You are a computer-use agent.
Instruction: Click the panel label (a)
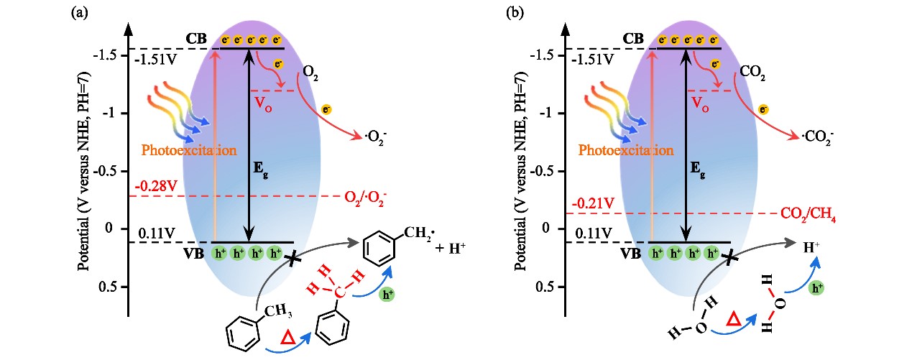[x=78, y=11]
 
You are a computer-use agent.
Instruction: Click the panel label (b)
[x=516, y=11]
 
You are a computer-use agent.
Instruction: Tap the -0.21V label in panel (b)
[x=594, y=204]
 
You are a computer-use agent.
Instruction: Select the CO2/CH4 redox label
[x=810, y=213]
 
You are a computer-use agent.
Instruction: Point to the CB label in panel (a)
[x=195, y=37]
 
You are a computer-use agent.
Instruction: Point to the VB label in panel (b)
[x=632, y=253]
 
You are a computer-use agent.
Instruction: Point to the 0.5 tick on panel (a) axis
[x=106, y=287]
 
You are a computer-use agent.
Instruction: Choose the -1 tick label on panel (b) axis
[x=548, y=114]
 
